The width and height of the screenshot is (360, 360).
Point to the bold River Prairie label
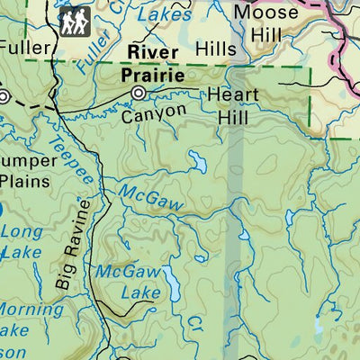coord(157,64)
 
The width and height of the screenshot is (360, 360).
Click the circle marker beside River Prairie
coord(139,93)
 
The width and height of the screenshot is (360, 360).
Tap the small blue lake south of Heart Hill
coord(196,161)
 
